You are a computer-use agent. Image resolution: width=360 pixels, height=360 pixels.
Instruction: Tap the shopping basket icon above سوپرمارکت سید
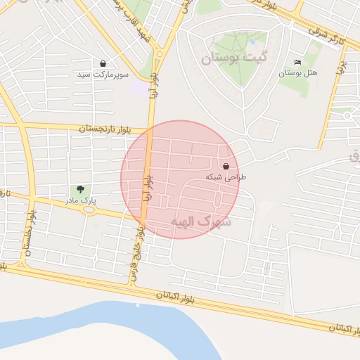click(103, 63)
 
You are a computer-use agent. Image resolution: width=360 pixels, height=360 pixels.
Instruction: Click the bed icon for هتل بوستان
click(297, 63)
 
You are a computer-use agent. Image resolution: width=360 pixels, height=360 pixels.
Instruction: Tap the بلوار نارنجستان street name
click(105, 129)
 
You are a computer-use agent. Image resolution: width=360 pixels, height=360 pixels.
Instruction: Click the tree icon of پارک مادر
click(80, 189)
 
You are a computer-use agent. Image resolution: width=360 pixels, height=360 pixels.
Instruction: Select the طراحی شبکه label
click(226, 177)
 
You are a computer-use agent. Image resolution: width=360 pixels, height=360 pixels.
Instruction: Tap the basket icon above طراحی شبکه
click(226, 167)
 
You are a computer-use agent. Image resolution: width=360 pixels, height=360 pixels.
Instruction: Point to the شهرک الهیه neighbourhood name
click(200, 221)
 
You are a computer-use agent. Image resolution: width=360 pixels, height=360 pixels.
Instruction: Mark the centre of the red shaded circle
click(180, 179)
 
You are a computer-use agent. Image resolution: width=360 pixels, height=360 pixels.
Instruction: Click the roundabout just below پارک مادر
click(88, 210)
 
